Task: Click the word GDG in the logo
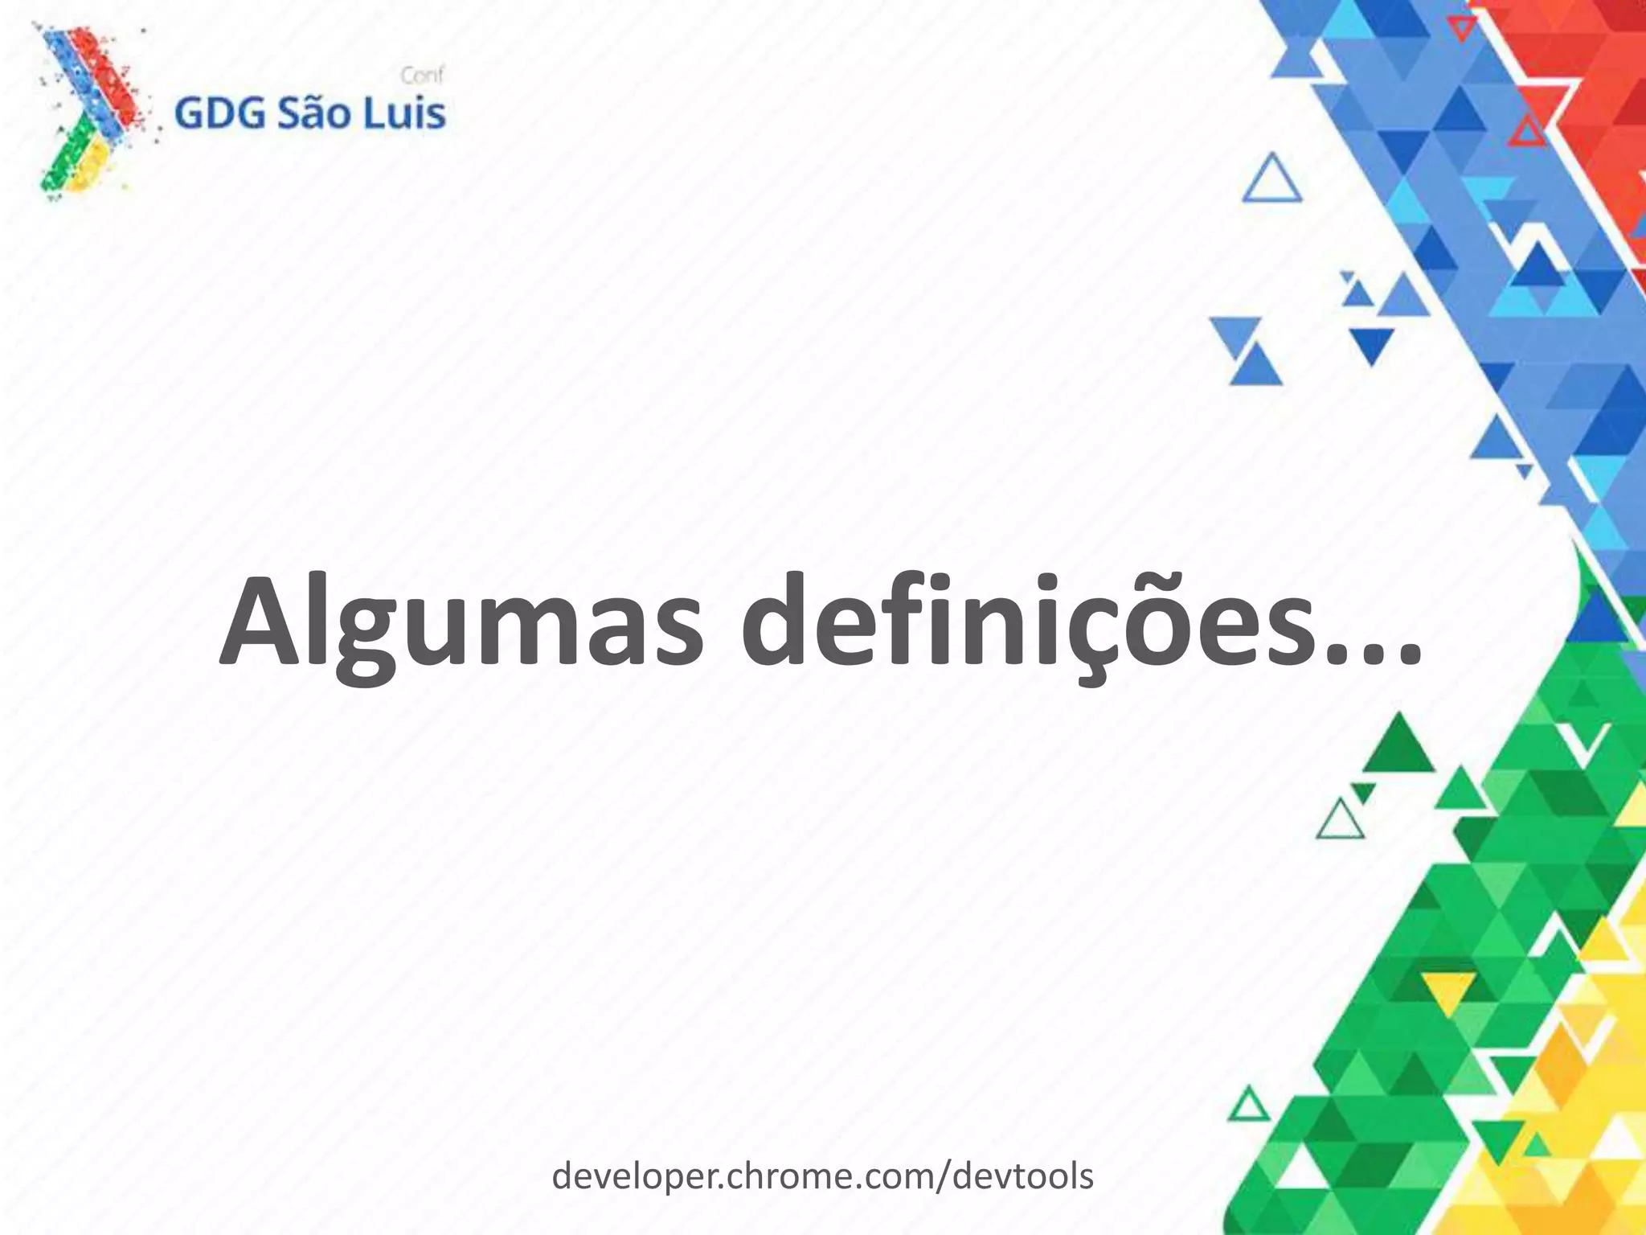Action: pyautogui.click(x=219, y=113)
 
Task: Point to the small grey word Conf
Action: pyautogui.click(x=422, y=76)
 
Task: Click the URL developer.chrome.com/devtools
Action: pyautogui.click(x=822, y=1176)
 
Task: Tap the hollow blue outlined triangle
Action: pyautogui.click(x=1272, y=181)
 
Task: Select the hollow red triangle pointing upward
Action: pyautogui.click(x=1526, y=133)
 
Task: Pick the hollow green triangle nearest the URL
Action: pyautogui.click(x=1248, y=1105)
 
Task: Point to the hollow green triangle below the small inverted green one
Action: pyautogui.click(x=1340, y=822)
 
